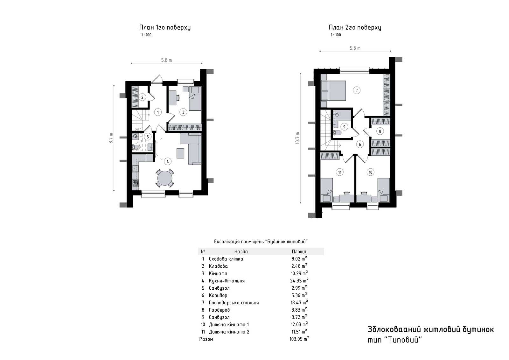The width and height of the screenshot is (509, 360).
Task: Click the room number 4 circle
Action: click(168, 162)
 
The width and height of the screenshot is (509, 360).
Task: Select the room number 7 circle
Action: click(357, 90)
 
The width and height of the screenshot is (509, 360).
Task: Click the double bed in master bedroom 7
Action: click(334, 91)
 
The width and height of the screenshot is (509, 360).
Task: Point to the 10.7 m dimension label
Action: click(297, 138)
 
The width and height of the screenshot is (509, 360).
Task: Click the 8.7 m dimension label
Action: click(111, 138)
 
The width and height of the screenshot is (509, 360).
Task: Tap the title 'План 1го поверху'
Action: click(165, 27)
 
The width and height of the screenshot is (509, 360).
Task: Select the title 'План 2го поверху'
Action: click(355, 27)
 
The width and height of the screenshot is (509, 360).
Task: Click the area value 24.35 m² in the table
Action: click(299, 280)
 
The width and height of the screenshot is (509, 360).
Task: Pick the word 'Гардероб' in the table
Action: click(219, 310)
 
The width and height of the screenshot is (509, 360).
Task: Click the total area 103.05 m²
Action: click(299, 339)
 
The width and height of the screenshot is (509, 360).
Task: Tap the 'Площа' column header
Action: click(299, 251)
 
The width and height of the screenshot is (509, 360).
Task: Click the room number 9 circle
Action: click(344, 127)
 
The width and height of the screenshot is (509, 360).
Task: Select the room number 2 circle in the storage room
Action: click(142, 97)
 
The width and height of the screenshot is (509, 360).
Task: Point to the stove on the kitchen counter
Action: click(135, 183)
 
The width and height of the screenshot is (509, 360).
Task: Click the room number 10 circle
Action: click(370, 172)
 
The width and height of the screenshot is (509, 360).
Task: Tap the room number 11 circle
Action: click(340, 172)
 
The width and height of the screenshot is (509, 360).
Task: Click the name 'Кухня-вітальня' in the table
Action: click(227, 281)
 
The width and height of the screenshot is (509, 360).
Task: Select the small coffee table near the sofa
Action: click(180, 153)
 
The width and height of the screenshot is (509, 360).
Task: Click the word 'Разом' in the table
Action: click(206, 339)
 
